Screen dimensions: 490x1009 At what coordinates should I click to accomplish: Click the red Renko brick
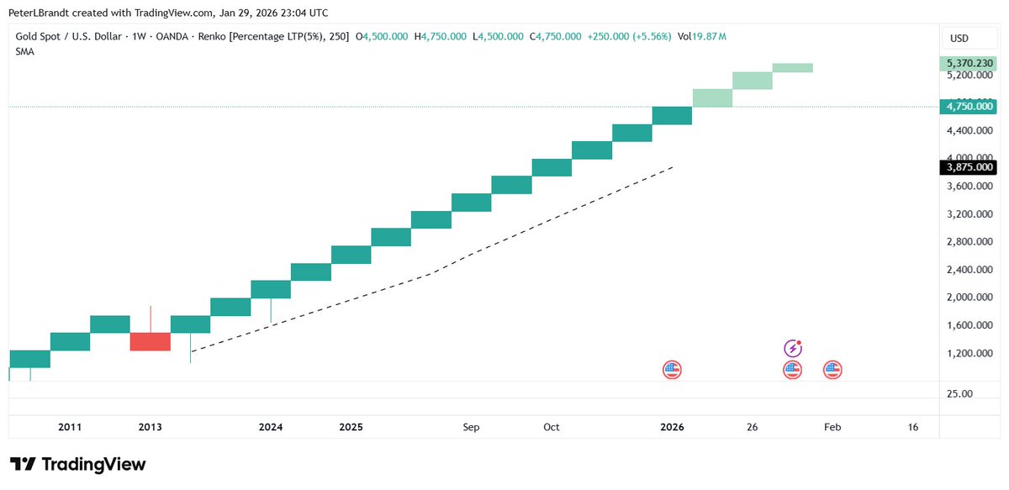pyautogui.click(x=151, y=341)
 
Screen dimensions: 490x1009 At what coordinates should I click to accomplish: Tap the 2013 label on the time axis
pyautogui.click(x=150, y=427)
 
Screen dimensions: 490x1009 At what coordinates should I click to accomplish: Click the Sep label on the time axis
pyautogui.click(x=471, y=427)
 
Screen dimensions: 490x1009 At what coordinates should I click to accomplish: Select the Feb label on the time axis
pyautogui.click(x=832, y=427)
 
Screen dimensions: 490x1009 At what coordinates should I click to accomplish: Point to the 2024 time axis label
pyautogui.click(x=271, y=427)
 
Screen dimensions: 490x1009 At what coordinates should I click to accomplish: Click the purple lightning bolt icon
pyautogui.click(x=792, y=347)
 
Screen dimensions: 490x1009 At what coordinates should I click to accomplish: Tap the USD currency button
pyautogui.click(x=959, y=38)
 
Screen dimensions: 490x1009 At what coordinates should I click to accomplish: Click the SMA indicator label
pyautogui.click(x=25, y=51)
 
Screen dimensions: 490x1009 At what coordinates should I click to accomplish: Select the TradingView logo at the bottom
pyautogui.click(x=77, y=465)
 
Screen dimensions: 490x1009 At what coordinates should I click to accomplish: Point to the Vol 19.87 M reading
pyautogui.click(x=702, y=36)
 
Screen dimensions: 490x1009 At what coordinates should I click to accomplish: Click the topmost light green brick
pyautogui.click(x=792, y=67)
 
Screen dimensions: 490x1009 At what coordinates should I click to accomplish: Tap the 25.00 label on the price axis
pyautogui.click(x=961, y=393)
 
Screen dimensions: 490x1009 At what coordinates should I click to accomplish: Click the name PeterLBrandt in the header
pyautogui.click(x=39, y=12)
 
